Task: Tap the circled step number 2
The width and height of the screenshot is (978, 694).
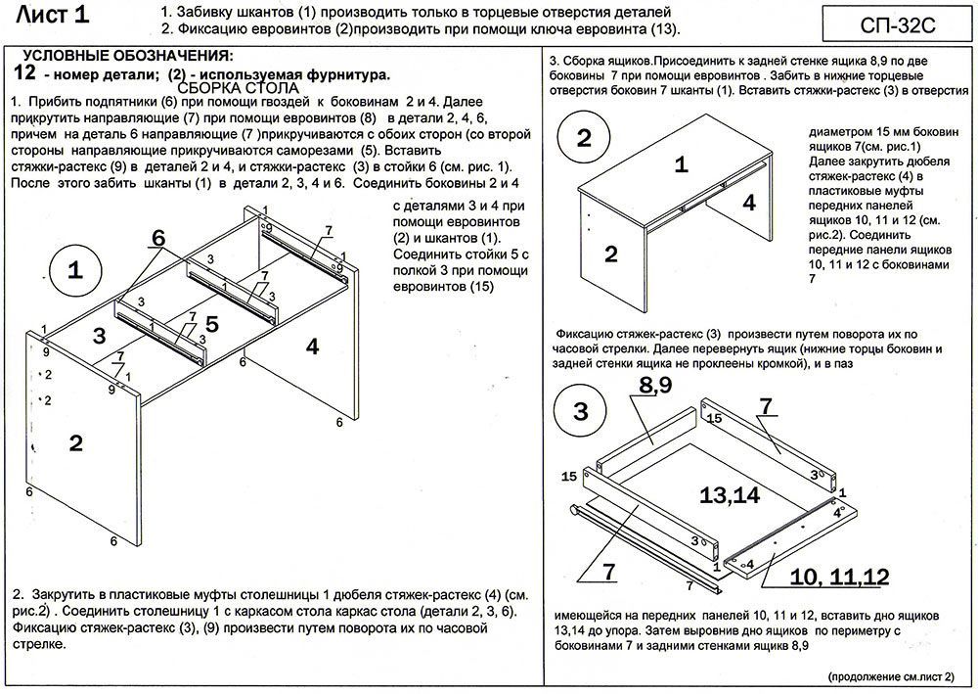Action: coord(584,138)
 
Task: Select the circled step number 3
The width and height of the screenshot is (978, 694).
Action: coord(581,412)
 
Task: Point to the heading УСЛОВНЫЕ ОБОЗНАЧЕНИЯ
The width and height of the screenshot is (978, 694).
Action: coord(127,56)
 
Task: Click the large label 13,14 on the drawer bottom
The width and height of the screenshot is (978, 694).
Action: coord(731,495)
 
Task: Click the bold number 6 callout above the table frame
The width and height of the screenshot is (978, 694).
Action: coord(157,238)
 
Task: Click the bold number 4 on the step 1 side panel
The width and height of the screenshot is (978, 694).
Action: coord(312,346)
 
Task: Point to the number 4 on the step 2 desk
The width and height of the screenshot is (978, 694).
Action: coord(749,204)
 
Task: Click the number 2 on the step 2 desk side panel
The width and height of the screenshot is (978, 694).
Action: coord(610,254)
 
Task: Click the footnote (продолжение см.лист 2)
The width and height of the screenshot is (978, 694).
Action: coord(897,676)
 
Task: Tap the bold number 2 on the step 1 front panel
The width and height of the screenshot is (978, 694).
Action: coord(75,442)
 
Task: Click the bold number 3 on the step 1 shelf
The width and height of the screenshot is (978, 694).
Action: coord(98,336)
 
